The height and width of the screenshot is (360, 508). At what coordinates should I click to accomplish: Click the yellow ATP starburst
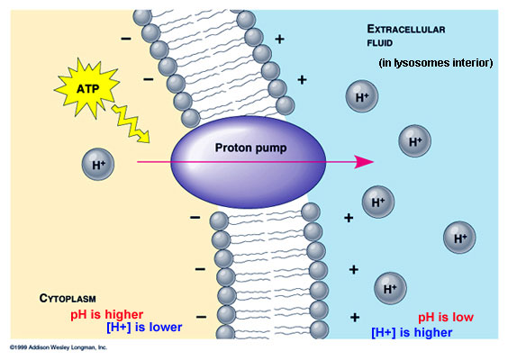click(87, 86)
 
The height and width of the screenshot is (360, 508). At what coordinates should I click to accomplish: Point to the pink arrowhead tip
click(370, 162)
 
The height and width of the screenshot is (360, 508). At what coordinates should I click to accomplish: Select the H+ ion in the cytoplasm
click(96, 164)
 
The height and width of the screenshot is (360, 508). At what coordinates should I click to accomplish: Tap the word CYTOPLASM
click(68, 298)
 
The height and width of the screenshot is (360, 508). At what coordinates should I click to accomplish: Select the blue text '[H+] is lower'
click(144, 327)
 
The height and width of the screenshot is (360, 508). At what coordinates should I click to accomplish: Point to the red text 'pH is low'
click(446, 318)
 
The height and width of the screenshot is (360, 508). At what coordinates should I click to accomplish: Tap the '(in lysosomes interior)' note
click(435, 63)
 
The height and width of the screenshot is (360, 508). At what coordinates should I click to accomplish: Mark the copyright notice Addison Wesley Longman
click(59, 346)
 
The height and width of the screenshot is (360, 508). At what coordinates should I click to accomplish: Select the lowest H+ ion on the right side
click(390, 288)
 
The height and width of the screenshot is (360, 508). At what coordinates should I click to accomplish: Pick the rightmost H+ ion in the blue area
click(459, 238)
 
